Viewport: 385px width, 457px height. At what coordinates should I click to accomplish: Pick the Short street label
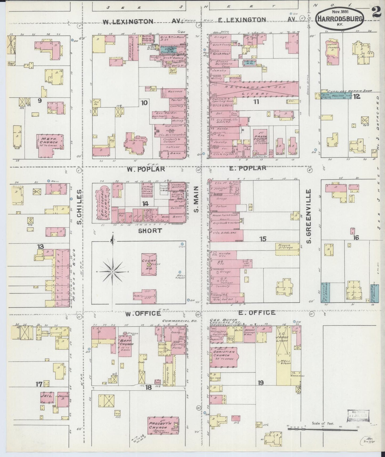150,230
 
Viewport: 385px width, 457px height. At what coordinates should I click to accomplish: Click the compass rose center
113,271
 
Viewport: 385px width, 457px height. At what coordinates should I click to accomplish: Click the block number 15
263,239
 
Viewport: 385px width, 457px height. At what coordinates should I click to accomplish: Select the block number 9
40,101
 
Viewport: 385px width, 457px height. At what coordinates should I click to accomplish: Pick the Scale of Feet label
323,423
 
